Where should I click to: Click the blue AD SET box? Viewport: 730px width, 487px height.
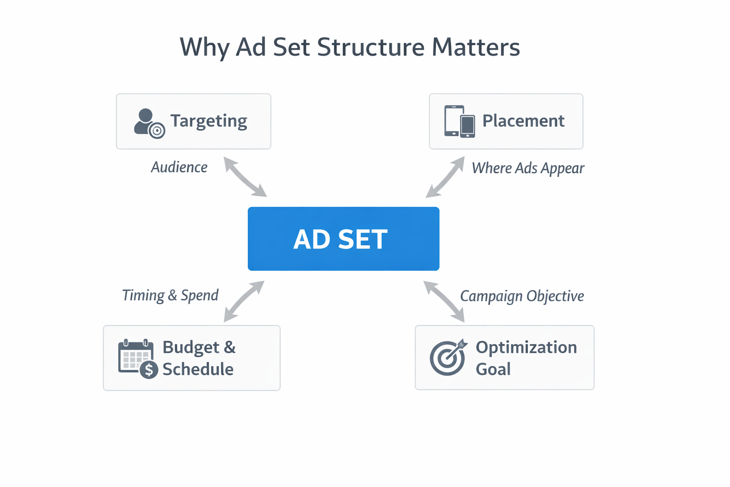(x=343, y=239)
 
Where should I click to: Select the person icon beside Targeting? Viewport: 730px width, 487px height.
(x=148, y=123)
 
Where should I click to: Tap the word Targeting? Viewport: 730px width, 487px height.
(x=209, y=121)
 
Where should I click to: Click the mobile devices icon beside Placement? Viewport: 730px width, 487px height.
(x=459, y=121)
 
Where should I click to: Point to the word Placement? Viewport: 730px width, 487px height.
(x=523, y=121)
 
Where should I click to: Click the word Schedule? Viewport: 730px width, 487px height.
(x=198, y=369)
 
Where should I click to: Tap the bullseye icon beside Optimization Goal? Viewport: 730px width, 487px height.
(x=448, y=357)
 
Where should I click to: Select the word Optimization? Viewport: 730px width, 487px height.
(x=526, y=347)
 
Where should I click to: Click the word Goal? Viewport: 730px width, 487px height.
(x=493, y=369)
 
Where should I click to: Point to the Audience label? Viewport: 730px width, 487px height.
(x=179, y=167)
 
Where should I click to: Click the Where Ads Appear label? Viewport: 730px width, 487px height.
(x=528, y=168)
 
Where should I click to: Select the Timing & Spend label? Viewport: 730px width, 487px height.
(x=170, y=295)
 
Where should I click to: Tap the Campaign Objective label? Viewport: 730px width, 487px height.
(x=522, y=296)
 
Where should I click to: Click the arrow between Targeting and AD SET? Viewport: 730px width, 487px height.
(x=245, y=177)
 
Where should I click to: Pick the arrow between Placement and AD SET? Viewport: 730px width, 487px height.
(x=445, y=177)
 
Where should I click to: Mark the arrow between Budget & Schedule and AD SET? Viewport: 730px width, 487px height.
(x=244, y=301)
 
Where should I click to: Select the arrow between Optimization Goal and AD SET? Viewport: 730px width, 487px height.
(x=444, y=301)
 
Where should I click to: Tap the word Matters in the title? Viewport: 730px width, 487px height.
(x=476, y=47)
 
